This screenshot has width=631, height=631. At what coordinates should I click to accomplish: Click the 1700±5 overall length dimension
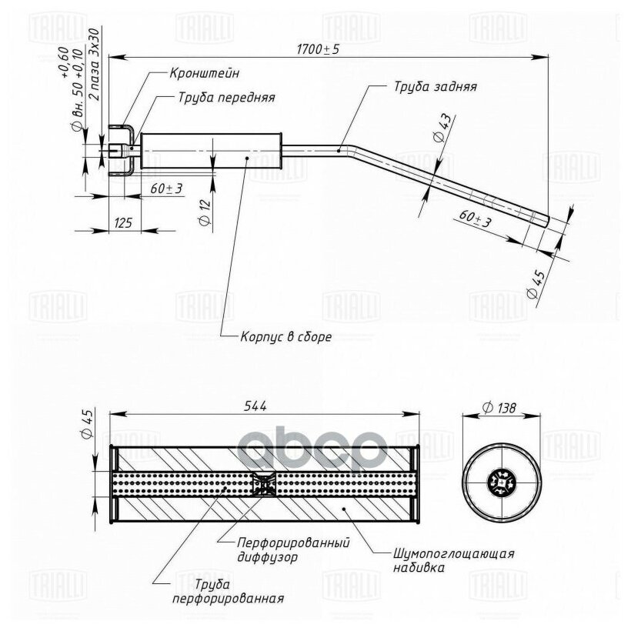click(318, 49)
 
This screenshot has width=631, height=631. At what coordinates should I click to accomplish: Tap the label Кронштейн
click(205, 73)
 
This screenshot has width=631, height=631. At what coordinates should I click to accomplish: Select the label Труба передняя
click(226, 98)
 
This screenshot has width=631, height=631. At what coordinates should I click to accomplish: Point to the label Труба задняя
click(436, 86)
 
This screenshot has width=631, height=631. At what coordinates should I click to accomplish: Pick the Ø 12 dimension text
click(205, 212)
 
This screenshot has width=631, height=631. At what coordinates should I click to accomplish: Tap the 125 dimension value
click(123, 222)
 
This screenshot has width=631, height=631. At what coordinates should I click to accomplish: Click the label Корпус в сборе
click(285, 336)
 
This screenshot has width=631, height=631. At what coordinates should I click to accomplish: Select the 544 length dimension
click(255, 406)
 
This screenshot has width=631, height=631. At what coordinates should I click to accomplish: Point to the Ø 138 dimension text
click(498, 408)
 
